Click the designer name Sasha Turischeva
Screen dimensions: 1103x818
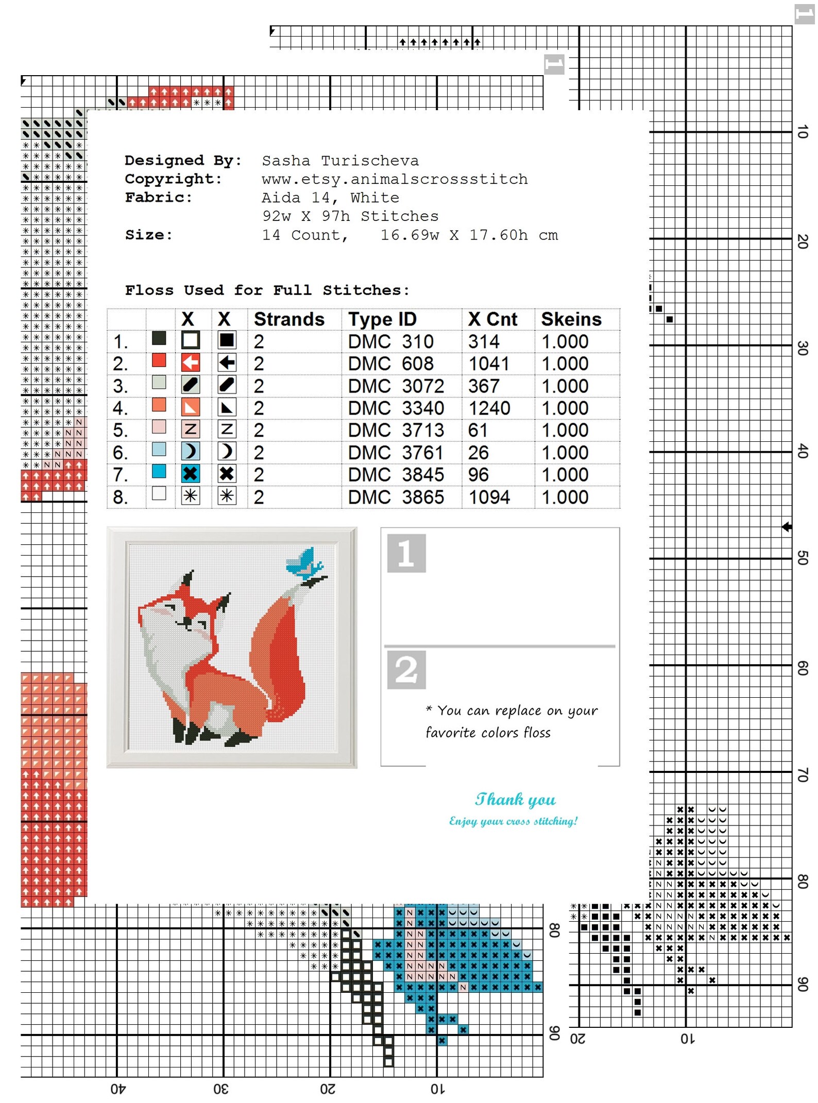pyautogui.click(x=340, y=161)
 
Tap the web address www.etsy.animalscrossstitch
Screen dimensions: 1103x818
pyautogui.click(x=395, y=179)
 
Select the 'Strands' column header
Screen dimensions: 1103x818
pyautogui.click(x=289, y=319)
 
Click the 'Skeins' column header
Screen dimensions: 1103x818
pyautogui.click(x=571, y=319)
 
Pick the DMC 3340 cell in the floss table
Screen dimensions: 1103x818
pyautogui.click(x=396, y=408)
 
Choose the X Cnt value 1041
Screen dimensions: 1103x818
pyautogui.click(x=488, y=364)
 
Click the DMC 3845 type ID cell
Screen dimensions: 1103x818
pyautogui.click(x=396, y=474)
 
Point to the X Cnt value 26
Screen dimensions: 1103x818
pyautogui.click(x=478, y=453)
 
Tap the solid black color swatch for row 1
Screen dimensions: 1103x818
pyautogui.click(x=159, y=338)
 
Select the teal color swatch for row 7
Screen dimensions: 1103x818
pyautogui.click(x=159, y=471)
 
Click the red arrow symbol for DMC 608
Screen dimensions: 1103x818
pyautogui.click(x=191, y=363)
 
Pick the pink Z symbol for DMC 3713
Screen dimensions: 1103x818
pyautogui.click(x=191, y=429)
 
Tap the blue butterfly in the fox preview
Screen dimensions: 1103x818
pyautogui.click(x=304, y=562)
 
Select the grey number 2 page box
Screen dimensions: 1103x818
pyautogui.click(x=406, y=669)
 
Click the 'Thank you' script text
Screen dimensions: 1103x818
pyautogui.click(x=515, y=799)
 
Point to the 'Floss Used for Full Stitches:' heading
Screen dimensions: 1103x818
pyautogui.click(x=267, y=290)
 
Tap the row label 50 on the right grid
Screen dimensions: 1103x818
pyautogui.click(x=802, y=558)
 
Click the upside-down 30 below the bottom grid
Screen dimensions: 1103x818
pyautogui.click(x=221, y=1089)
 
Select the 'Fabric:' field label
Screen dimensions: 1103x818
pyautogui.click(x=158, y=198)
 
